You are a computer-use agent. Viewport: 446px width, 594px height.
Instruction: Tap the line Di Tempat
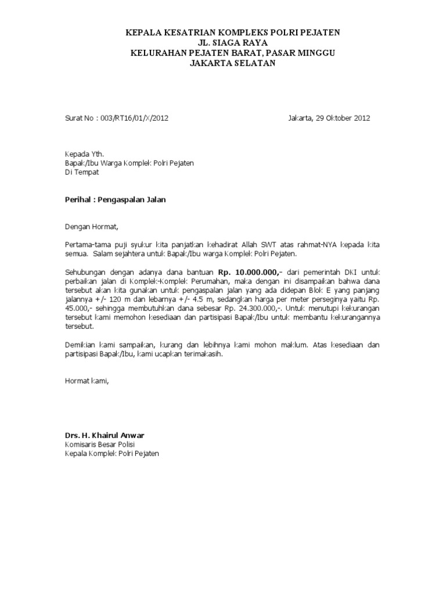[x=82, y=172]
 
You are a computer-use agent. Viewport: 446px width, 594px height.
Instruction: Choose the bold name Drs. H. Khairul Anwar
[x=104, y=435]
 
